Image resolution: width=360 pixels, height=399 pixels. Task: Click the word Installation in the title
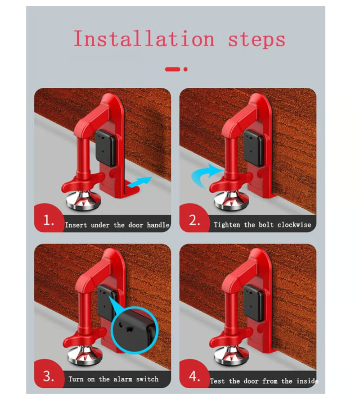tap(144, 39)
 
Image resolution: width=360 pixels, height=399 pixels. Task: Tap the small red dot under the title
tap(185, 69)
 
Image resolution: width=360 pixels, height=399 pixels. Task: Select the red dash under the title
tap(172, 69)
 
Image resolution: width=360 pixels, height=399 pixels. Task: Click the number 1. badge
tap(49, 219)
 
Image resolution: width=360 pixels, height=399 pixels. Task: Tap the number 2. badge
tap(194, 219)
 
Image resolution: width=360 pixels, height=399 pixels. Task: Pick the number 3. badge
tap(49, 375)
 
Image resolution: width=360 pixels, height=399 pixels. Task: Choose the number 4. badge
tap(194, 376)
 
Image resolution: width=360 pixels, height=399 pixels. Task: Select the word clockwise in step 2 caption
tap(294, 225)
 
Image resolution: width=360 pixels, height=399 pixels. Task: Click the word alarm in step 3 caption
tap(123, 379)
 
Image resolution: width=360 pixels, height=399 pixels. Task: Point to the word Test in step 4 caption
tap(217, 381)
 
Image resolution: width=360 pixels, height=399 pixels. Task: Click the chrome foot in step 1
tap(83, 200)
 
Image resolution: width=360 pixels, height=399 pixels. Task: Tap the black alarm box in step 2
tap(254, 148)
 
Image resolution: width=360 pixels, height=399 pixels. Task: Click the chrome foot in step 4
tap(231, 356)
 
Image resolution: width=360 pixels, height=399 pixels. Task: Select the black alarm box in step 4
tap(254, 303)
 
